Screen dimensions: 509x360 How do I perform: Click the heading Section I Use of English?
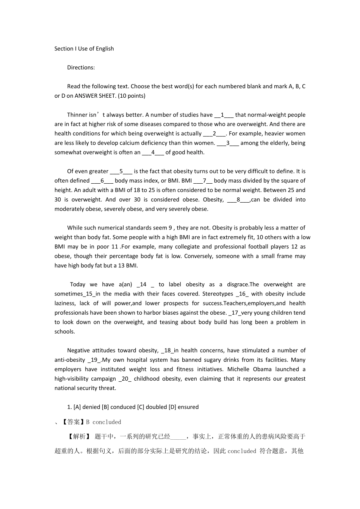pyautogui.click(x=84, y=48)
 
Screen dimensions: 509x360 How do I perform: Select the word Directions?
pyautogui.click(x=81, y=67)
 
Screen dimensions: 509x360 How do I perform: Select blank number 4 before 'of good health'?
pyautogui.click(x=153, y=152)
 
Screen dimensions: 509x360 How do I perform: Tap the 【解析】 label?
pyautogui.click(x=79, y=436)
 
